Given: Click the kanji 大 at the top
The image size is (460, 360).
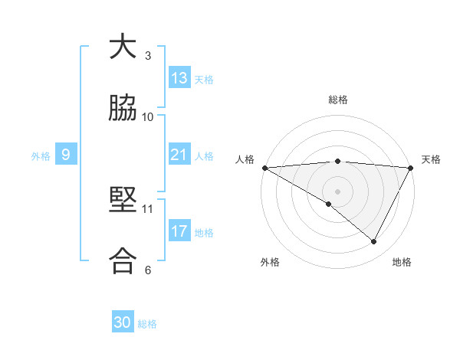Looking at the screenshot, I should pyautogui.click(x=123, y=47).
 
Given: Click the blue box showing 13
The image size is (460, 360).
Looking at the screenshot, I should pyautogui.click(x=179, y=78).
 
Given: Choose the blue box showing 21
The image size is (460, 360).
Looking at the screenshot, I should pyautogui.click(x=179, y=155).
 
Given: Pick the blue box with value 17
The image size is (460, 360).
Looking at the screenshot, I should pyautogui.click(x=179, y=231).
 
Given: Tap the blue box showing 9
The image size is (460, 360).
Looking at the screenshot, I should pyautogui.click(x=66, y=155).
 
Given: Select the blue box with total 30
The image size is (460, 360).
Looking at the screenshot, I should pyautogui.click(x=123, y=322).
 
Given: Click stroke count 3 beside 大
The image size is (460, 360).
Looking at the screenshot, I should pyautogui.click(x=148, y=55).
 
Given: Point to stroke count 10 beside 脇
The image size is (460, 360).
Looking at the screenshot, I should pyautogui.click(x=148, y=116).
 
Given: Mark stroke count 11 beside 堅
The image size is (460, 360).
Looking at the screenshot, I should pyautogui.click(x=148, y=208).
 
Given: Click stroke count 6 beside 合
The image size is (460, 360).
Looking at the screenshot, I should pyautogui.click(x=148, y=270).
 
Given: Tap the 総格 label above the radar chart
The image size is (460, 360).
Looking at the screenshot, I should pyautogui.click(x=337, y=100).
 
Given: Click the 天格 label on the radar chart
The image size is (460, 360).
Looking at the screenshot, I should pyautogui.click(x=431, y=159).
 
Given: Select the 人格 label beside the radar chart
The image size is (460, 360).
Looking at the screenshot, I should pyautogui.click(x=245, y=159).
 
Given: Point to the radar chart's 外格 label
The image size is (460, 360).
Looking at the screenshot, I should pyautogui.click(x=270, y=262).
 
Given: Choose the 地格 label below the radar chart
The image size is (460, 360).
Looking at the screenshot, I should pyautogui.click(x=402, y=262).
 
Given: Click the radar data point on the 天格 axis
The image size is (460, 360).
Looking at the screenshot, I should pyautogui.click(x=411, y=167).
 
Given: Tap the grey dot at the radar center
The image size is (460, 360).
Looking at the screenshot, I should pyautogui.click(x=337, y=191).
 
